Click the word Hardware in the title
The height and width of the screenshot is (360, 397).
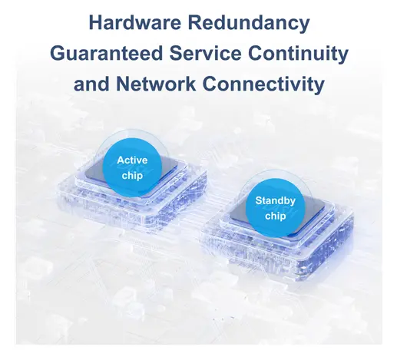click(134, 22)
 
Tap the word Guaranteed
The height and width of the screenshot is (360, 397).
click(107, 53)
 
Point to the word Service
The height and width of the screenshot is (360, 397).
click(205, 53)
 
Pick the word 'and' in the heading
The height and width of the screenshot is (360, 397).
click(91, 84)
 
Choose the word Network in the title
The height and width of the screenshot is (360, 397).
click(156, 84)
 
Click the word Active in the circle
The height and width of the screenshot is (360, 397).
click(132, 160)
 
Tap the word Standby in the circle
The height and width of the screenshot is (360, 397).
click(275, 200)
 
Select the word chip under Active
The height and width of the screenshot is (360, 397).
click(132, 176)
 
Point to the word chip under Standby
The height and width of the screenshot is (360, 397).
click(276, 216)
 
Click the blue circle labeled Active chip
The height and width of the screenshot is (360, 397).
click(132, 167)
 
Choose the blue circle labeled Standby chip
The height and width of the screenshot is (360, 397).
click(276, 208)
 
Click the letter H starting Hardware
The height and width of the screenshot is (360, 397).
click(95, 22)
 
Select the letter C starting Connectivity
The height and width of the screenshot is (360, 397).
click(210, 84)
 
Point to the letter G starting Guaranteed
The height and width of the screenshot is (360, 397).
click(58, 53)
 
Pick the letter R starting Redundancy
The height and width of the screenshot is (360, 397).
click(194, 22)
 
